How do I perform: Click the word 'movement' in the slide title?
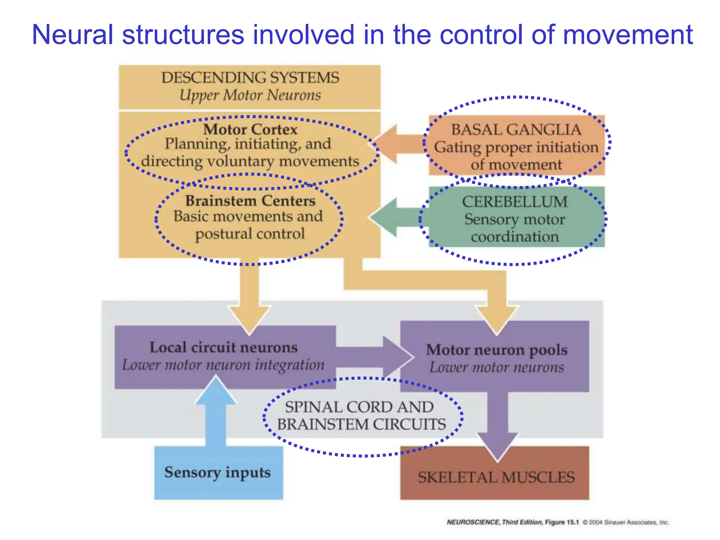coord(628,35)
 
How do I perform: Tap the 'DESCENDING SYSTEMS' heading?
coord(250,78)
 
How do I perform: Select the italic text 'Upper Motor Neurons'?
coord(250,95)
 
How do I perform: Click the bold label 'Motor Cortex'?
coord(250,129)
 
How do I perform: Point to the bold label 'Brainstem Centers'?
coord(250,201)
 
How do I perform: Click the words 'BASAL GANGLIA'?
coord(516,130)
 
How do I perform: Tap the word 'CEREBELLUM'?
coord(515,202)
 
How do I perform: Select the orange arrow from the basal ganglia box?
coord(397,144)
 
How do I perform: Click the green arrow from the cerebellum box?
coord(394,217)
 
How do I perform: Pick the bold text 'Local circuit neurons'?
coord(224,347)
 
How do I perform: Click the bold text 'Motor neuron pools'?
coord(496,350)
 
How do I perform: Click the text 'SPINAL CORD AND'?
coord(359,407)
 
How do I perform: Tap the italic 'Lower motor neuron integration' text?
coord(224,365)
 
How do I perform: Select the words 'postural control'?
coord(250,234)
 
